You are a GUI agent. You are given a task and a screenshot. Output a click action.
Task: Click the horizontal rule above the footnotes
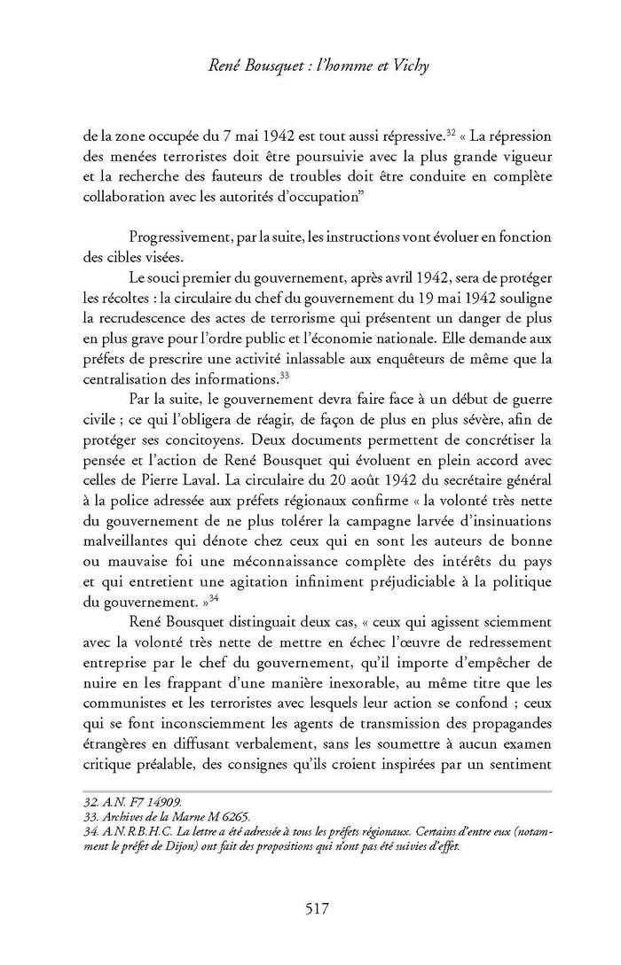coord(310,790)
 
